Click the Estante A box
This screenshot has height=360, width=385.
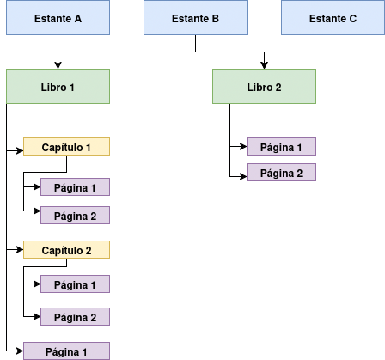pyautogui.click(x=58, y=18)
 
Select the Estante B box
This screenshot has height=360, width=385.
pyautogui.click(x=195, y=18)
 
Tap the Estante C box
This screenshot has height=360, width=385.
pyautogui.click(x=333, y=18)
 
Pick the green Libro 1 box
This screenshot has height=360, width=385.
pyautogui.click(x=58, y=86)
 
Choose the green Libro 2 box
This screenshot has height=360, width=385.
pyautogui.click(x=264, y=86)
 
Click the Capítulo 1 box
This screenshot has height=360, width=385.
pyautogui.click(x=66, y=147)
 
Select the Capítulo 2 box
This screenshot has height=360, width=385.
pyautogui.click(x=66, y=250)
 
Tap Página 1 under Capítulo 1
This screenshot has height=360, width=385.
pyautogui.click(x=75, y=187)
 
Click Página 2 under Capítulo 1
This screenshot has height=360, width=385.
pyautogui.click(x=75, y=215)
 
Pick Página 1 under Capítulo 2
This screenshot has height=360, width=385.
pyautogui.click(x=75, y=284)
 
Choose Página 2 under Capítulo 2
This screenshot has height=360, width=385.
pyautogui.click(x=75, y=317)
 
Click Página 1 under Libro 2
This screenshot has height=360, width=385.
pyautogui.click(x=281, y=147)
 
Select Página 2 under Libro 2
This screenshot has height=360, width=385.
pyautogui.click(x=281, y=173)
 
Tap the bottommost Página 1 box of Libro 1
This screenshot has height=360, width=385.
pyautogui.click(x=66, y=351)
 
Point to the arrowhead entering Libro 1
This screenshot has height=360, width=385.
pyautogui.click(x=58, y=65)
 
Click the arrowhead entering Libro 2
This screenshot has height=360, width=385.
pyautogui.click(x=264, y=65)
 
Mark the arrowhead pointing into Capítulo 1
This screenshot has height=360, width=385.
pyautogui.click(x=20, y=150)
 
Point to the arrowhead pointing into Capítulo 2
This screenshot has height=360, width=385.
pyautogui.click(x=20, y=250)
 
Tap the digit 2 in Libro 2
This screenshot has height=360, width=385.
pyautogui.click(x=278, y=88)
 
